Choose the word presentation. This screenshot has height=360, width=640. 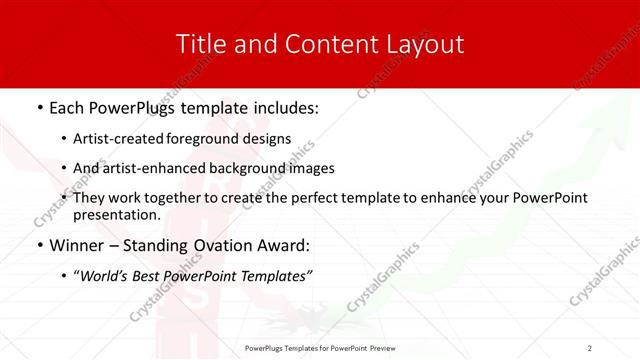(x=117, y=214)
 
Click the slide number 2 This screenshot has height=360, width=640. (x=590, y=347)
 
